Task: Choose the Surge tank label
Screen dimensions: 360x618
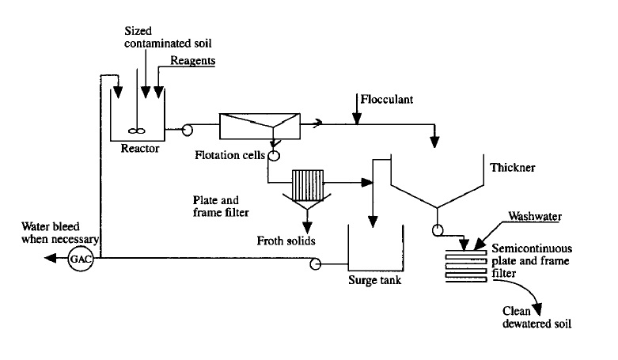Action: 372,279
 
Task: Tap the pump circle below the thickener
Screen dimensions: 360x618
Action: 436,232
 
